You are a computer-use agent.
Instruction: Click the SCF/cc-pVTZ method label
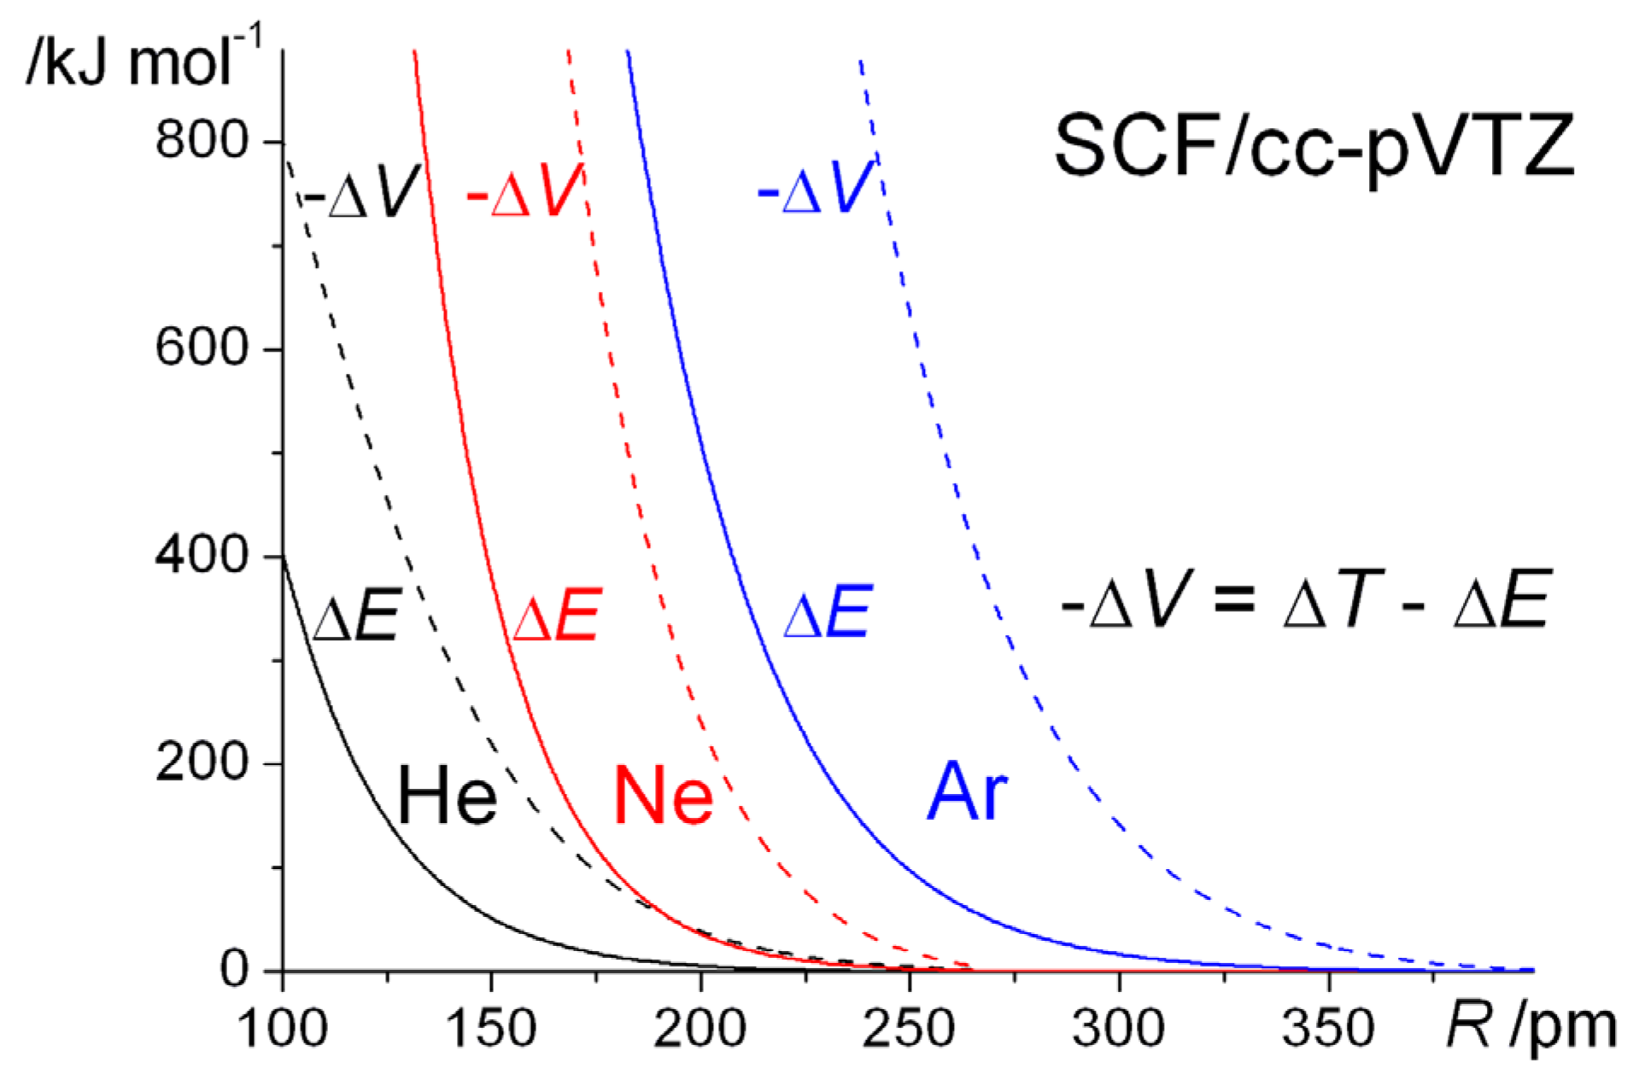click(1314, 147)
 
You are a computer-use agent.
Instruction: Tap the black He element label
click(447, 795)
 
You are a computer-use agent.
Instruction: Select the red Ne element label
click(663, 795)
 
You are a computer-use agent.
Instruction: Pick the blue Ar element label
click(967, 791)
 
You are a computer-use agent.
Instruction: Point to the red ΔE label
click(557, 615)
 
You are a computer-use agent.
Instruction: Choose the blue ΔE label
click(828, 612)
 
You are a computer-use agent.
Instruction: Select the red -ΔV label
click(524, 191)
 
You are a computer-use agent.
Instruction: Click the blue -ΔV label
click(815, 188)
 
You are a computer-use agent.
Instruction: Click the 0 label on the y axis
click(234, 969)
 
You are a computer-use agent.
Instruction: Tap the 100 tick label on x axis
click(282, 1027)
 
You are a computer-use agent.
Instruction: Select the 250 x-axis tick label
click(909, 1027)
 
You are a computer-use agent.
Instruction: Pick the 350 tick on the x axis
click(1328, 1027)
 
